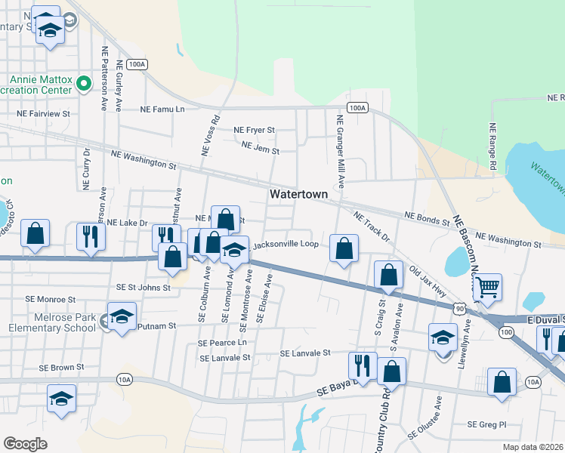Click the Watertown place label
pyautogui.click(x=299, y=194)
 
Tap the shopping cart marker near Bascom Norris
pyautogui.click(x=487, y=287)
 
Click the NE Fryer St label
pyautogui.click(x=254, y=130)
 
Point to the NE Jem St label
pyautogui.click(x=261, y=150)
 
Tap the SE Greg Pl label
pyautogui.click(x=486, y=424)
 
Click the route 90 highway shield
pyautogui.click(x=460, y=308)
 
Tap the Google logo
pyautogui.click(x=26, y=443)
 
